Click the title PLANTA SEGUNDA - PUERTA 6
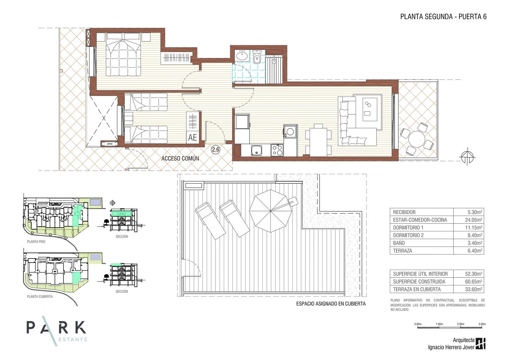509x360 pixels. coord(443,17)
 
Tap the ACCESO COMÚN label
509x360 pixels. coord(180,158)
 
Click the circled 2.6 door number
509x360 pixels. coord(215,150)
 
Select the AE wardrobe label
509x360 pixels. coord(192,137)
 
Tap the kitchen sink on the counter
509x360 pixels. coord(257,151)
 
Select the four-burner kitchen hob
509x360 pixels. coord(277,150)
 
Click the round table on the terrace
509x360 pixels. coord(416,139)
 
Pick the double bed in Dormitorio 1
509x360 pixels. coord(124,54)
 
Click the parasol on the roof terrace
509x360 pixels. coord(270,211)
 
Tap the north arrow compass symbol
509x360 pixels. coord(467,157)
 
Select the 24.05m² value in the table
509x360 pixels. coord(475,220)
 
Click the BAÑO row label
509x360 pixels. coord(399,243)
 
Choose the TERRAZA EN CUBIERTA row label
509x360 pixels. coord(417,289)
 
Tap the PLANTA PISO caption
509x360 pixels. coord(36,242)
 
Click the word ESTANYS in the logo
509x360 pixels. coord(73,340)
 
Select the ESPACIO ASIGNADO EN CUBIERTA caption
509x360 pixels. coord(331,304)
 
